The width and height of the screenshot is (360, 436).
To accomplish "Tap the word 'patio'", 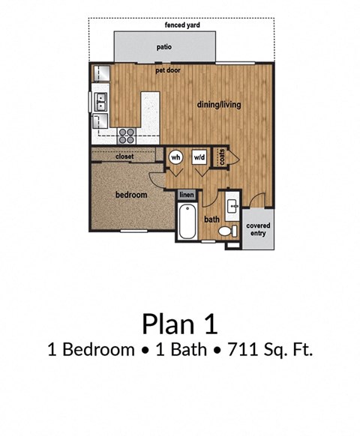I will [x=164, y=46].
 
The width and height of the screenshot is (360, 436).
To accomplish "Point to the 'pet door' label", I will [x=168, y=70].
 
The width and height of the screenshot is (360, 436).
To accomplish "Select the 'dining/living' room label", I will [x=219, y=105].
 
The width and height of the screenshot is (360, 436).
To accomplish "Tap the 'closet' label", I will [x=125, y=157].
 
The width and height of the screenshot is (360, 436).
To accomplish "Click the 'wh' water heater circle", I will [x=176, y=157].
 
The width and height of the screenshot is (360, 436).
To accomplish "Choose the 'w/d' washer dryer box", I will [x=199, y=157].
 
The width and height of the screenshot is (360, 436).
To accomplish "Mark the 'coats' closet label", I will [x=222, y=157].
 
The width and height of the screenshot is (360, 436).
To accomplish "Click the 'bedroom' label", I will [x=131, y=195].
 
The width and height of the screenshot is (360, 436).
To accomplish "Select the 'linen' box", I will [x=187, y=196].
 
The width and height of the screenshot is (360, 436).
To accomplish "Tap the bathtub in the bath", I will [x=187, y=222].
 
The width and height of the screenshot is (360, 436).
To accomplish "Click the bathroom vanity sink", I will [x=232, y=203].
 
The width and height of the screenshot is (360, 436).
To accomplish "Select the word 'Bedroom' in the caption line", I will [x=89, y=349].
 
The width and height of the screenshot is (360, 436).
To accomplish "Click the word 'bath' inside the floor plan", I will [x=211, y=219].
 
